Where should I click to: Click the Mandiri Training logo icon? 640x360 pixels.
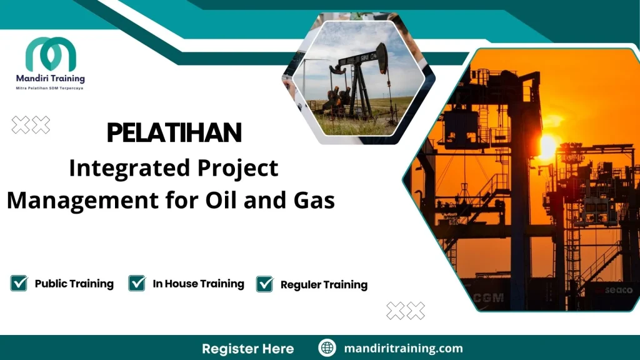[51, 55]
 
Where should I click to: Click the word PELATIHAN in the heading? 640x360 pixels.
[174, 132]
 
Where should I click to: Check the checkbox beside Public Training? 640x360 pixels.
[19, 283]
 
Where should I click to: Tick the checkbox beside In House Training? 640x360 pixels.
[137, 283]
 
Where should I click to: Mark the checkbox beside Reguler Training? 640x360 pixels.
[265, 284]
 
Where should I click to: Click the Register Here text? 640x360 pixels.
[247, 348]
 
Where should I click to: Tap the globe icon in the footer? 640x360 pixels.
[326, 348]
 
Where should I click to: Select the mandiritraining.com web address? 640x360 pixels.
[404, 348]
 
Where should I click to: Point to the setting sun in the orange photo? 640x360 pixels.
[546, 146]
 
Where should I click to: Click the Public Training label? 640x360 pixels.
[74, 284]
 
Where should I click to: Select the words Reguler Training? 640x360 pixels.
[324, 285]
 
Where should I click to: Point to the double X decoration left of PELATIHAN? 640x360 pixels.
[31, 125]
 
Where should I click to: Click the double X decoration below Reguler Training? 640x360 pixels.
[406, 311]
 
